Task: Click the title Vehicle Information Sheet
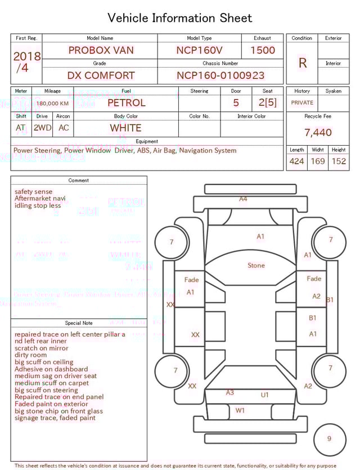(179, 18)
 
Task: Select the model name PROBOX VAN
(101, 50)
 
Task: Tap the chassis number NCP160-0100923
(220, 75)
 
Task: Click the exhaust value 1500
(263, 50)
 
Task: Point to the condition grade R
(303, 63)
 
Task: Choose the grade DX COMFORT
(101, 75)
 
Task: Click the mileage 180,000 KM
(53, 104)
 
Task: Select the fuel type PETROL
(126, 103)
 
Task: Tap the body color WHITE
(125, 128)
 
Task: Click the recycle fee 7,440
(318, 133)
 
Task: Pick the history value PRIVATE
(302, 103)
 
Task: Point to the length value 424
(296, 162)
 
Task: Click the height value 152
(339, 162)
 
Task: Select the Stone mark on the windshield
(256, 265)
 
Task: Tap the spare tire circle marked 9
(329, 439)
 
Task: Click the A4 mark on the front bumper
(243, 199)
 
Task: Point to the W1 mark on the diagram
(240, 410)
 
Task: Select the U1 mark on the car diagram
(264, 395)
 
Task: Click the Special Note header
(79, 323)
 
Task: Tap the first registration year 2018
(26, 56)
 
